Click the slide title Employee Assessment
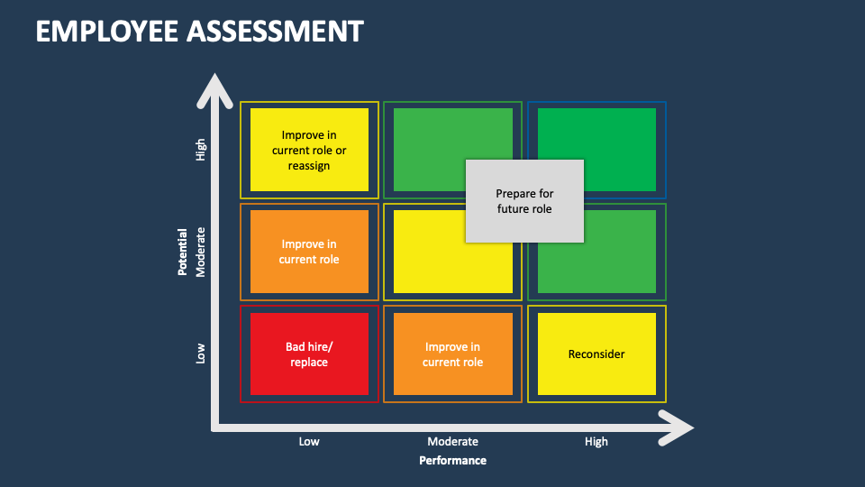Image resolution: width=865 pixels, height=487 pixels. (x=199, y=31)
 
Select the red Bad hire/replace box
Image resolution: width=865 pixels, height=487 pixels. (x=309, y=354)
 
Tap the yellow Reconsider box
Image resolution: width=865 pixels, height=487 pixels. (x=596, y=354)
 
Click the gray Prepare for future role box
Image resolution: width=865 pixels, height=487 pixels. (x=524, y=201)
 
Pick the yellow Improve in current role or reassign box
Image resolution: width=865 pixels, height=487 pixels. (x=309, y=150)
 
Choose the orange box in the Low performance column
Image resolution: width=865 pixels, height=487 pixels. (x=309, y=252)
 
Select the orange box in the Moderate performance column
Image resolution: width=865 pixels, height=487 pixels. (x=452, y=354)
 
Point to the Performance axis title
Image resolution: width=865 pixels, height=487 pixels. (x=452, y=460)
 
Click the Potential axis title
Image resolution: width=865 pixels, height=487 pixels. (x=183, y=251)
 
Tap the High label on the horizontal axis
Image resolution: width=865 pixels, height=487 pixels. (x=596, y=441)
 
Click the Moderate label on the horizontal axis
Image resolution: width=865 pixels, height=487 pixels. (x=452, y=441)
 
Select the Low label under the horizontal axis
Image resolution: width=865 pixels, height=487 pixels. (x=309, y=441)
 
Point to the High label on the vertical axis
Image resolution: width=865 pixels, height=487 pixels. (x=201, y=150)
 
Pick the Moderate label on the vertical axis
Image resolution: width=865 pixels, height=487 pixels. (x=201, y=252)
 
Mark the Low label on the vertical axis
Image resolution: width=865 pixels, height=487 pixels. (x=201, y=354)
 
